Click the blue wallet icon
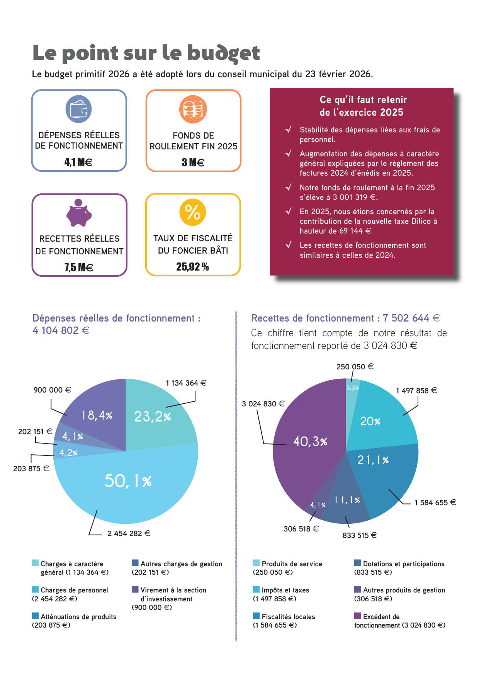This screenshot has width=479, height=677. pos(78,109)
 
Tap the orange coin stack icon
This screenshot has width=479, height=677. pos(193,109)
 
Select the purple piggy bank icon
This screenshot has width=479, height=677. pos(79,213)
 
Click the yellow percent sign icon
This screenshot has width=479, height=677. pos(193,212)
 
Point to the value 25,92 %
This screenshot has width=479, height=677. pos(192,267)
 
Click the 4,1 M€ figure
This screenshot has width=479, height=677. pos(78,162)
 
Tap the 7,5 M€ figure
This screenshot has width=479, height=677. pos(78,267)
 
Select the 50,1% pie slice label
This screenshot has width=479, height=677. pos(128,481)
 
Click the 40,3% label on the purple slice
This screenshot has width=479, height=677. pos(310,441)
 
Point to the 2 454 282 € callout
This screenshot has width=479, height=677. pos(129,533)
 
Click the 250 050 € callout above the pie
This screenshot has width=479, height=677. pos(355,367)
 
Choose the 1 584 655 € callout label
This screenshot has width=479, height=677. pos(435,503)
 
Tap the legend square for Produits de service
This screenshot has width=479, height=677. pos(256,563)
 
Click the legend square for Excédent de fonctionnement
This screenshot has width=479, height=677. pos(358,616)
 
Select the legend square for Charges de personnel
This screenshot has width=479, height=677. pos(35,589)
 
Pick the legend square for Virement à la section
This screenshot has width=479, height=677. pos(135,589)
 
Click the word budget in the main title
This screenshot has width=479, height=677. pos(224,53)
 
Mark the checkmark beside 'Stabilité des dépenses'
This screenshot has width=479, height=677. pos(288,129)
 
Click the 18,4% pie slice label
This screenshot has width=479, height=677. pos(97,415)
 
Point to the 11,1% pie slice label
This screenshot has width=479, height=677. pos(347,500)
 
